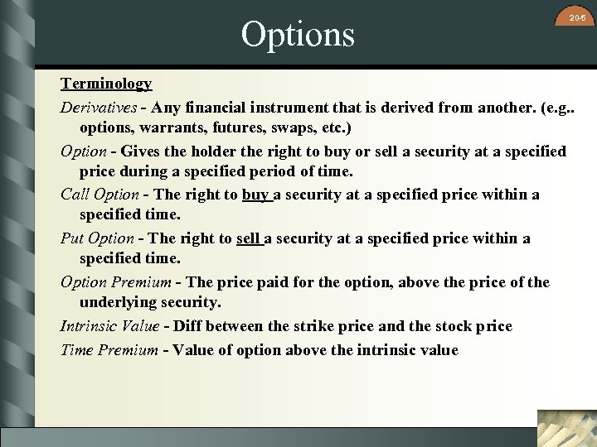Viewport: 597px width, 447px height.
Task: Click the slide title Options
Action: [x=298, y=34]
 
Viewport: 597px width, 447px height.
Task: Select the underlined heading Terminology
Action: [x=106, y=84]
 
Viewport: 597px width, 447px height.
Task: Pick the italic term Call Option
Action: [x=99, y=195]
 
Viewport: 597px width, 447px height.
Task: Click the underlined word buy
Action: [x=255, y=195]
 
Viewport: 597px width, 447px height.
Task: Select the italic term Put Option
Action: [x=97, y=238]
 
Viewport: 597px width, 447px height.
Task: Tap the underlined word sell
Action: [x=249, y=238]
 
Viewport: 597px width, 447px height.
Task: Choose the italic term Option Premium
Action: [x=115, y=282]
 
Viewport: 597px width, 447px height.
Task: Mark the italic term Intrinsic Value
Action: [x=109, y=326]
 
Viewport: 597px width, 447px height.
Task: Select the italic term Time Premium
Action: [x=109, y=349]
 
